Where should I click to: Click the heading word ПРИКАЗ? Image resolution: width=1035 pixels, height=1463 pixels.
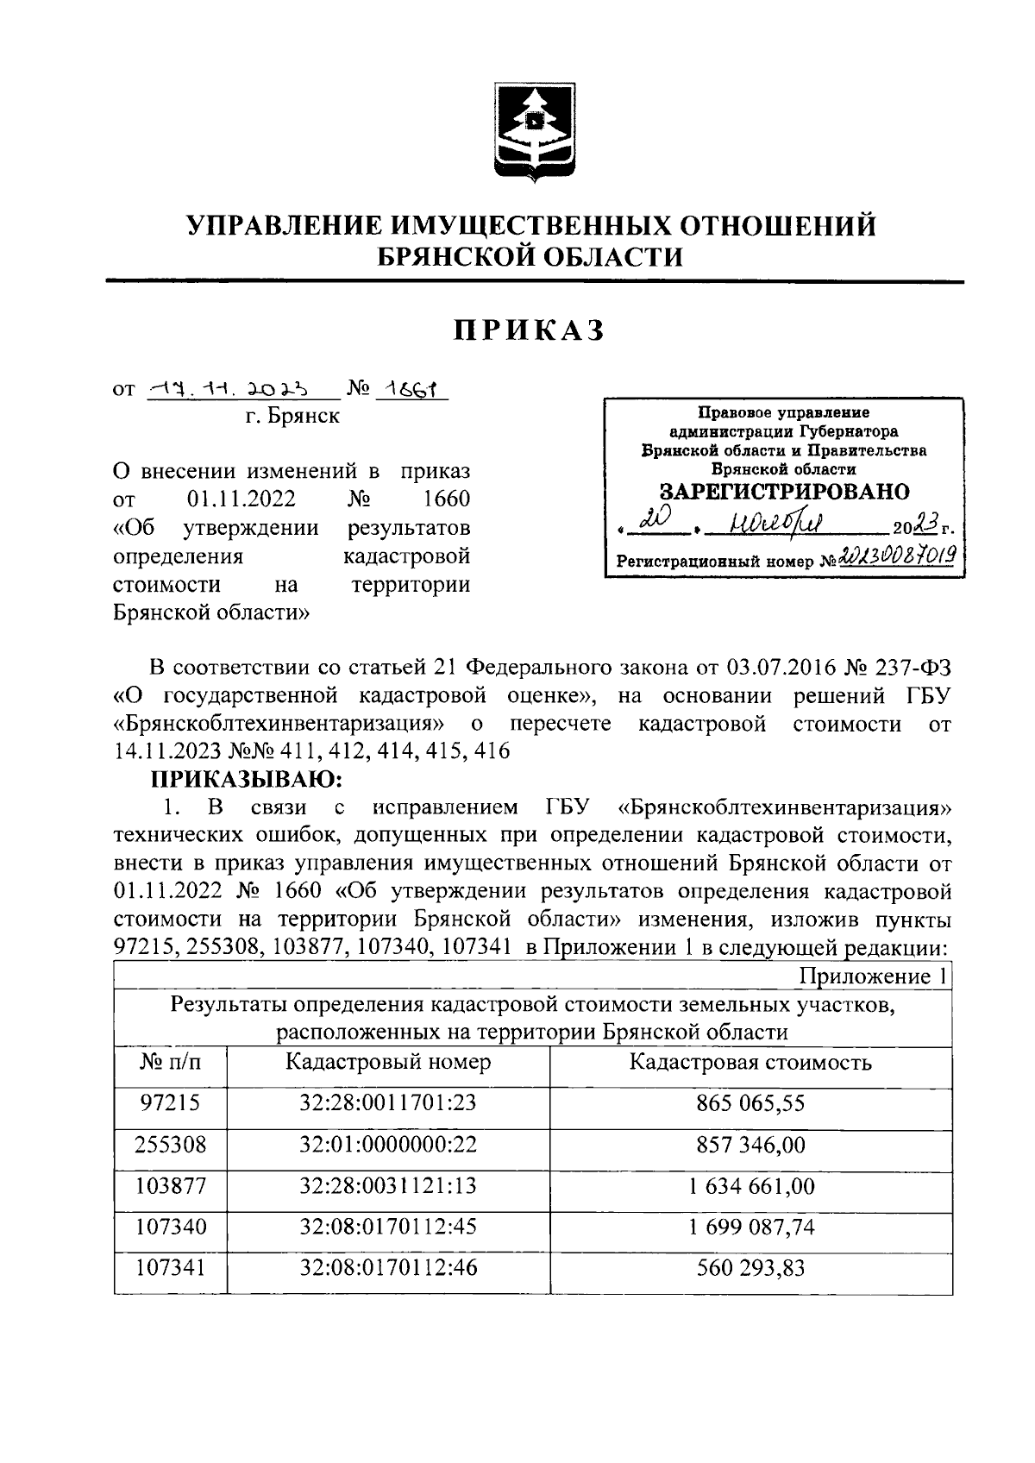(x=530, y=330)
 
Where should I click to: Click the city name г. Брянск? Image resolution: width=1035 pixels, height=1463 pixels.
(x=292, y=417)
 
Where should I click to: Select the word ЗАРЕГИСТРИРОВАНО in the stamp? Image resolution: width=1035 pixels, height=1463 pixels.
(x=784, y=492)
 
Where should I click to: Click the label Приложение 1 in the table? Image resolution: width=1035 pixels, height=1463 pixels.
(x=874, y=976)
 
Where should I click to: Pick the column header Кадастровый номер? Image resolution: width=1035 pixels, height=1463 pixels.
(x=388, y=1062)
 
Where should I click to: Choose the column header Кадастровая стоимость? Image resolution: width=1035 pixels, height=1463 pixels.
(x=750, y=1062)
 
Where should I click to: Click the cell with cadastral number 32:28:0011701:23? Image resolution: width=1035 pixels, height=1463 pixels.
(x=388, y=1102)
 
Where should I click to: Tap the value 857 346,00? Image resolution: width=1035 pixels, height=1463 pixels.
(x=750, y=1145)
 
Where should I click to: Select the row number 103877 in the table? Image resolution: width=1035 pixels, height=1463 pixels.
(x=171, y=1186)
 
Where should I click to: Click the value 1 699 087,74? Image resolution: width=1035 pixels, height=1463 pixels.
(x=750, y=1228)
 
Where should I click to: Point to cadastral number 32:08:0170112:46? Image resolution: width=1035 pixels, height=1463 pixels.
(x=388, y=1268)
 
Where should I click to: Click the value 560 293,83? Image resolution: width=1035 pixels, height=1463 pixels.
(x=750, y=1268)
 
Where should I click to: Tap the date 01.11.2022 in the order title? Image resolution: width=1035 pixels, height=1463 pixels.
(x=241, y=499)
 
